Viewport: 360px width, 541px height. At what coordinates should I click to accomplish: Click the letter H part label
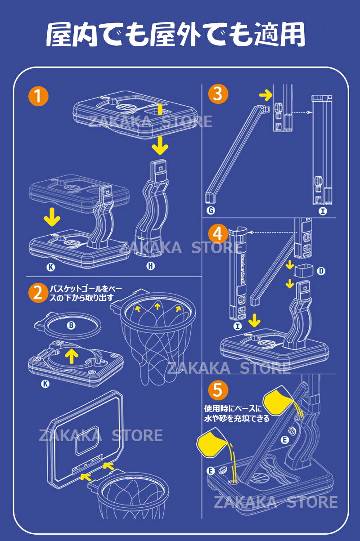pyautogui.click(x=151, y=266)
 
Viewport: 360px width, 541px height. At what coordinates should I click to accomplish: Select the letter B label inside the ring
pyautogui.click(x=71, y=325)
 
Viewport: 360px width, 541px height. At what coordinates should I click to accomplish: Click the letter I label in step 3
pyautogui.click(x=323, y=210)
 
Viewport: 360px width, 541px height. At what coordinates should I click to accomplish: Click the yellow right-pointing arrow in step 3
pyautogui.click(x=266, y=95)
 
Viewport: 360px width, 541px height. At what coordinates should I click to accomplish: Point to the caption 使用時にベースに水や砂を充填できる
pyautogui.click(x=237, y=413)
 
